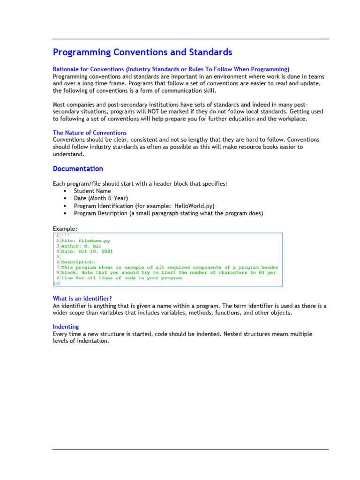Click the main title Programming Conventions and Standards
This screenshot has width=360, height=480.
coord(142,52)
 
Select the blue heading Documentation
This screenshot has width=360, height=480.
coord(78,169)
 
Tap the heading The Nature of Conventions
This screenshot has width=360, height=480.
coord(90,133)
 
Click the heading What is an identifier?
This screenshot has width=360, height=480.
coord(82,299)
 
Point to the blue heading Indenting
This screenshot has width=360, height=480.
coord(66,326)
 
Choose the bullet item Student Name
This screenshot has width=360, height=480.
coord(92,191)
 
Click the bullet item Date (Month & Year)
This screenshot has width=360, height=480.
coord(101,198)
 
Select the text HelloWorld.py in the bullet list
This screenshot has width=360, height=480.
coord(194,206)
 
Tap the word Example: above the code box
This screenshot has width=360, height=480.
coord(65,228)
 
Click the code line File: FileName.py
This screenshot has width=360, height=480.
coord(86,241)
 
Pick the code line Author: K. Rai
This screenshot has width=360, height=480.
coord(81,246)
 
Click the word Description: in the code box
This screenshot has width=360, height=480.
coord(78,262)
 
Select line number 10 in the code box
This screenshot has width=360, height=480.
coord(56,283)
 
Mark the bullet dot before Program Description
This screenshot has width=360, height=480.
coord(64,213)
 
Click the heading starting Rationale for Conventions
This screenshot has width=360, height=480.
coord(171,69)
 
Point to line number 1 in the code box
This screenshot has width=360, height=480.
coord(57,235)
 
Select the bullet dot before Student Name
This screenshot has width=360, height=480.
coord(64,191)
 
